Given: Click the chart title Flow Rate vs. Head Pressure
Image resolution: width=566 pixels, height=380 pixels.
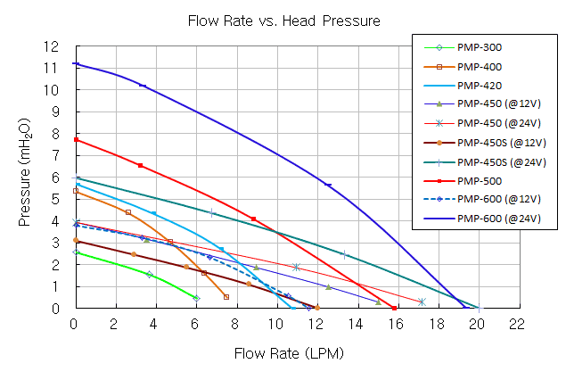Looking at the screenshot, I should [x=283, y=21].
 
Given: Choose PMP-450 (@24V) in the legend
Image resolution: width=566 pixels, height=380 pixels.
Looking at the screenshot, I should [x=499, y=124].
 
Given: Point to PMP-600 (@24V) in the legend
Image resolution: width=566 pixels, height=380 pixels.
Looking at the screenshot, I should [x=499, y=218].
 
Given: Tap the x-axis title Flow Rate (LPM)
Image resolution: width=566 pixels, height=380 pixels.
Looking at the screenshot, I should [x=288, y=353].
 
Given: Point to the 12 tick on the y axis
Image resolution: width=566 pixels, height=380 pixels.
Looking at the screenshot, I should [x=55, y=46].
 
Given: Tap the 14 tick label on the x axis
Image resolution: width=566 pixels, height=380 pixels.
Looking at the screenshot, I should [x=357, y=324].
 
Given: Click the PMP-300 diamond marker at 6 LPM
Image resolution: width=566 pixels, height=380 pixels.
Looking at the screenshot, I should [x=196, y=298].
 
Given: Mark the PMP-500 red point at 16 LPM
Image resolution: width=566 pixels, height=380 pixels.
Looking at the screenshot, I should [x=394, y=308].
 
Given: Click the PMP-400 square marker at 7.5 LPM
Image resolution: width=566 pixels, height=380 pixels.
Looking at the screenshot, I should [x=226, y=297].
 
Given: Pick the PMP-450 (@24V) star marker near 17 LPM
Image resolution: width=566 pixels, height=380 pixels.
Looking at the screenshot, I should [x=421, y=302].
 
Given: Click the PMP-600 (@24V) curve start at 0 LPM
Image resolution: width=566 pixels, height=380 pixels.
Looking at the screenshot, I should [x=76, y=64].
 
